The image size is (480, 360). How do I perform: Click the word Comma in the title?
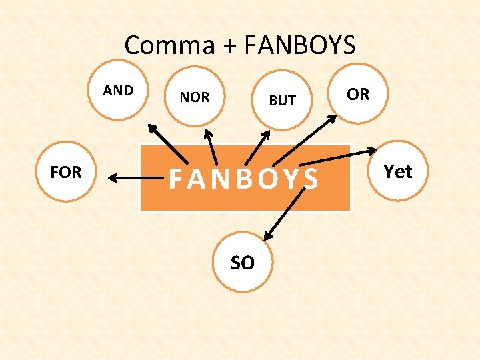point(169,45)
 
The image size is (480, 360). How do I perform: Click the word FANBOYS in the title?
point(300,45)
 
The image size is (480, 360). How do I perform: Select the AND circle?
point(118,91)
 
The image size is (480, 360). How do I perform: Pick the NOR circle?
point(195,97)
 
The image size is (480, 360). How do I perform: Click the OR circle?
point(358,94)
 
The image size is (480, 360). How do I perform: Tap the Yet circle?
point(398,171)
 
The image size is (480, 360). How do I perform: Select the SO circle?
point(243,263)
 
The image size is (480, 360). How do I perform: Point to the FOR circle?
point(66,172)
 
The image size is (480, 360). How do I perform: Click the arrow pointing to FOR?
point(137,178)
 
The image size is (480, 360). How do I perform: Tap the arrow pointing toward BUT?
point(256,147)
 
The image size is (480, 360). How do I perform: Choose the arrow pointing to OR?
point(305,139)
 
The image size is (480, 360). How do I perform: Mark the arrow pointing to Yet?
point(337,157)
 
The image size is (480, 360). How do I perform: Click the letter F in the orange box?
point(175,179)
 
